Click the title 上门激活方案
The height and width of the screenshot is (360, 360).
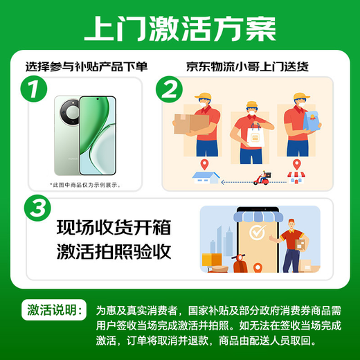point(179,29)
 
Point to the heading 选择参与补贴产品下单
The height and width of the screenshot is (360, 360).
point(87,67)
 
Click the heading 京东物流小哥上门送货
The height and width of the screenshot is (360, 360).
point(247,67)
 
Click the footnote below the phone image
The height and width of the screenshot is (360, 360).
point(85,185)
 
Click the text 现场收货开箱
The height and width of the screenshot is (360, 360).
point(113,228)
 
